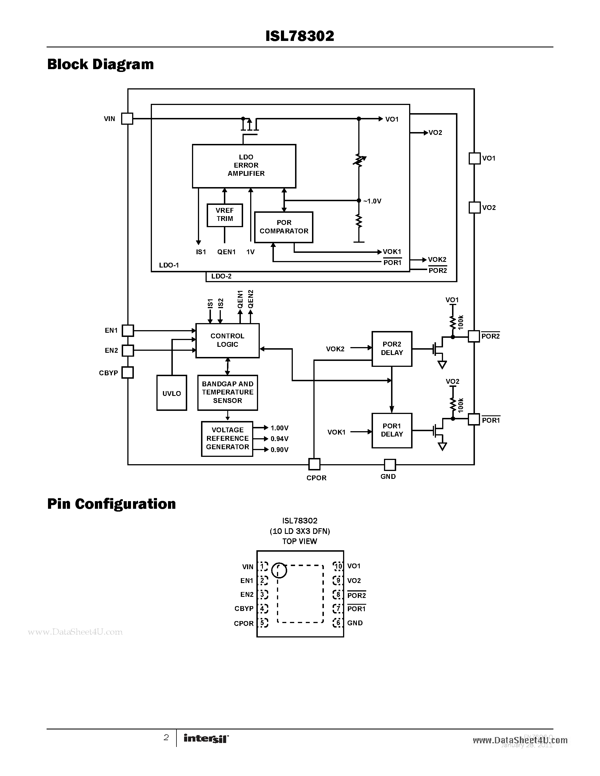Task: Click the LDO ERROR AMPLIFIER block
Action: point(244,166)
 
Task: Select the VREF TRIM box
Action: point(225,215)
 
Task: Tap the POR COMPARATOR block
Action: point(284,227)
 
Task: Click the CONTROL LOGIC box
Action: point(228,340)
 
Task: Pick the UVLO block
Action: point(172,393)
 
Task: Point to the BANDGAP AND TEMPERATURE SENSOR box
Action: point(228,392)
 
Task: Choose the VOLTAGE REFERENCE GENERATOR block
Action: point(227,439)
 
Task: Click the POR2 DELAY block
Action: point(392,348)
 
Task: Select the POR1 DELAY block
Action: point(392,430)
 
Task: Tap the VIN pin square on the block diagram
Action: point(127,119)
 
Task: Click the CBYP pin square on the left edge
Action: point(127,373)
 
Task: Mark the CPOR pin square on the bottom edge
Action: point(314,464)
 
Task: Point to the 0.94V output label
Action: point(279,439)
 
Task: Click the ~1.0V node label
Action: point(372,201)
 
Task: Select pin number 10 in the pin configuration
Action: point(338,566)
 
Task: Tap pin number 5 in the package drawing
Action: point(263,623)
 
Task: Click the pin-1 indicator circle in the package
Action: point(279,570)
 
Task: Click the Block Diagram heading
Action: point(101,64)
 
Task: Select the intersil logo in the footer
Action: point(206,738)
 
